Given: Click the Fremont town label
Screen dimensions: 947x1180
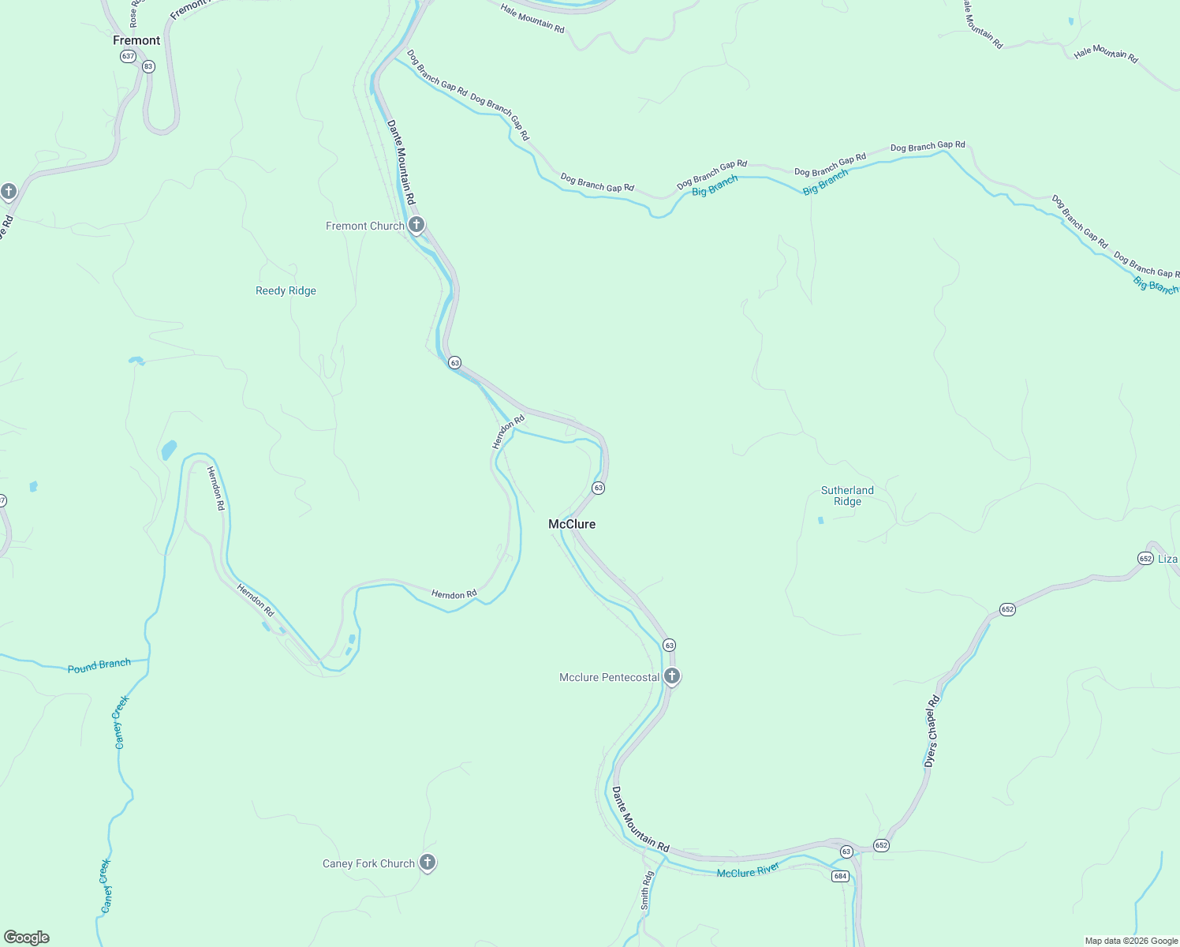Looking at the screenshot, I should point(136,40).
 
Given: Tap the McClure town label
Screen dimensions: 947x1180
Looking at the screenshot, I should point(572,524).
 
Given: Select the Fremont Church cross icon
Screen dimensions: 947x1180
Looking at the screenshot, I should point(416,225).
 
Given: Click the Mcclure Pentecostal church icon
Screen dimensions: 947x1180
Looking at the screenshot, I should point(672,676).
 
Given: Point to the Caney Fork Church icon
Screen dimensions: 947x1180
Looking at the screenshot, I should point(428,863).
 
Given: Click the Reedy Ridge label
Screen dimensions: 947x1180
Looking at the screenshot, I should point(286,290).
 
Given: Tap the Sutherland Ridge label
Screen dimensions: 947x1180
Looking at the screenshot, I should point(847,496).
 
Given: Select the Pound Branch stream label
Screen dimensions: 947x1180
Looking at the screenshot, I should point(99,665).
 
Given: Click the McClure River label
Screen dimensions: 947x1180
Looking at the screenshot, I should point(748,870).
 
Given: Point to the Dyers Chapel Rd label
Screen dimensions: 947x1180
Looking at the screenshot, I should point(932,731).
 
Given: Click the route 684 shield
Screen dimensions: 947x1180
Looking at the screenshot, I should point(839,876).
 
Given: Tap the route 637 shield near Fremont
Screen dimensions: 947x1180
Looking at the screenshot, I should point(128,56).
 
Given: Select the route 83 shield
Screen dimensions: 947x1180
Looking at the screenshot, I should point(148,66).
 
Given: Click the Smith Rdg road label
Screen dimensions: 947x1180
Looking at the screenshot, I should point(647,890).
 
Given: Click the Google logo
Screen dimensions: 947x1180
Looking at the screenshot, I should point(27,938).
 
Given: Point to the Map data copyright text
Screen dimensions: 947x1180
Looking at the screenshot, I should point(1131,941).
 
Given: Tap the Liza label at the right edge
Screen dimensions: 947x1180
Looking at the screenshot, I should point(1167,559).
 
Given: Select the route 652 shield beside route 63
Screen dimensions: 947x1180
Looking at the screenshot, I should point(881,845).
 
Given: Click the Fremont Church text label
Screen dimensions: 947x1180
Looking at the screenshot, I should point(364,226).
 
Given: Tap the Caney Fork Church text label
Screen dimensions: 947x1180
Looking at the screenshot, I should point(368,863).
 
